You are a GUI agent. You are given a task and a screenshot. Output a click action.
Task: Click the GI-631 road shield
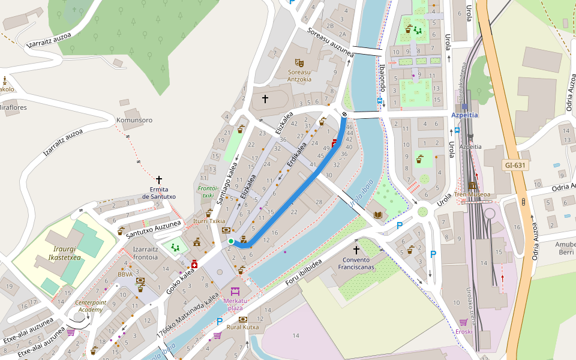515,165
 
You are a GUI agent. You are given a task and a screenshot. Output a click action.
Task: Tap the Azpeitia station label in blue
464,114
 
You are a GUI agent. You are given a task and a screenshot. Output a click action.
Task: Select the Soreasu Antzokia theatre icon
299,62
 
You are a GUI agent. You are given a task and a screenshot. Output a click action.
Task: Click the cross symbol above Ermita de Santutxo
159,179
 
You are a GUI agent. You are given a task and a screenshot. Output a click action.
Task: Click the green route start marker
231,241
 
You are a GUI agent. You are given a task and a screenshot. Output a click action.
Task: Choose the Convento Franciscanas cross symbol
356,249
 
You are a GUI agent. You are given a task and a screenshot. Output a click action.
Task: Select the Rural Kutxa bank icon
243,319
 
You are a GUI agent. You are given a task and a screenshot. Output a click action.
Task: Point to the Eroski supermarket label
464,331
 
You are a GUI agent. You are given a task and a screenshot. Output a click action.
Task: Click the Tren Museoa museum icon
472,185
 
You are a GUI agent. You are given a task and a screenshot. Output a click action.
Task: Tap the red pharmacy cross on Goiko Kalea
194,264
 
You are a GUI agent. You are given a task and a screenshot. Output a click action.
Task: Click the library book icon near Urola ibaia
378,215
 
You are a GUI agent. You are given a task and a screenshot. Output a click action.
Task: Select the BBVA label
125,274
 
